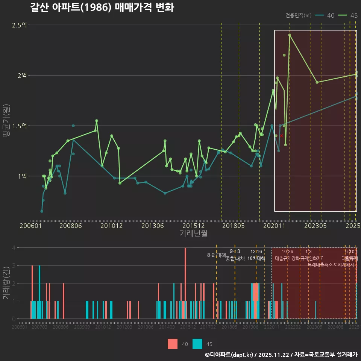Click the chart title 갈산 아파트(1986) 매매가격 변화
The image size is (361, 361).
coord(102,8)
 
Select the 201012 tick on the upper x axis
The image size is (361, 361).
coord(112,226)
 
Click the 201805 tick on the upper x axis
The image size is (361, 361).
coord(232,226)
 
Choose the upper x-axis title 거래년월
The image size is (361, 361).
coord(193,234)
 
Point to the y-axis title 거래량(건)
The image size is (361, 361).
coord(6,283)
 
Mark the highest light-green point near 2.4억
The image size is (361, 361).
coord(290,35)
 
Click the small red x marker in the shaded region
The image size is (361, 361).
coord(281,136)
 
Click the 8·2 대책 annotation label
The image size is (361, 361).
coord(216,255)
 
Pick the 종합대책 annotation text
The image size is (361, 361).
coord(235,259)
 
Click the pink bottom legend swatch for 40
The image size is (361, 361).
coord(173,344)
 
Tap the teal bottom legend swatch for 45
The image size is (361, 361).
coord(197,344)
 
